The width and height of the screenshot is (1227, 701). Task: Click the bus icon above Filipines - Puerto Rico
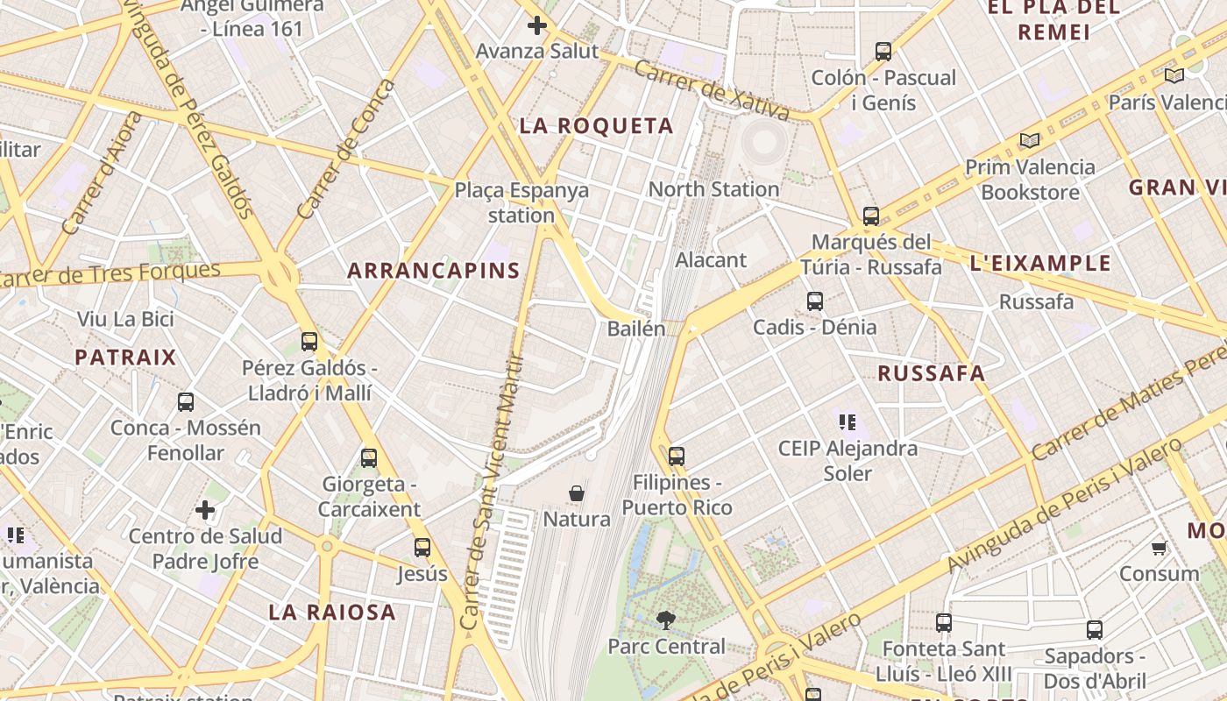point(676,457)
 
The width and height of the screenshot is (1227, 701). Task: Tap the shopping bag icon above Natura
point(577,493)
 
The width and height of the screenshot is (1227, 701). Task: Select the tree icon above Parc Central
point(666,621)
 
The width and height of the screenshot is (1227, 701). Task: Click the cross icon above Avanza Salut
point(537,25)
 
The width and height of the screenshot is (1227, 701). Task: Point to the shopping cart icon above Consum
point(1160,549)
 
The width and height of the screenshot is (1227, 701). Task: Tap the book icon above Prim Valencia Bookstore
point(1030,141)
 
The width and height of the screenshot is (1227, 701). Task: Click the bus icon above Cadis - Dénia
point(815,301)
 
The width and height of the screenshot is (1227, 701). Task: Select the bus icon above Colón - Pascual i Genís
point(883,52)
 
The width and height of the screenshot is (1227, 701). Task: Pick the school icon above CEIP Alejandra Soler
point(847,422)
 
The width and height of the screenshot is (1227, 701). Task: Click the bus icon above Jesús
point(422,548)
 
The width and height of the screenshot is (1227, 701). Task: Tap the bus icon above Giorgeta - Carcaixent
point(369,457)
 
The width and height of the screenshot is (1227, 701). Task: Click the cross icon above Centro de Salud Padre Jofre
point(205,510)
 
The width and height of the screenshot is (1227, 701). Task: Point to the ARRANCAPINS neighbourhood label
point(434,270)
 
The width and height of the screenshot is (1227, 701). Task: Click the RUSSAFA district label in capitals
point(932,373)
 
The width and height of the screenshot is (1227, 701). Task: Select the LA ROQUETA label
point(597,126)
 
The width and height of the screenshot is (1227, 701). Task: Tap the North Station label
point(713,189)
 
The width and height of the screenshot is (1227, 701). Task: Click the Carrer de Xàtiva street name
point(712,89)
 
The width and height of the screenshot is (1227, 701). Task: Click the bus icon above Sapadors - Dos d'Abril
point(1094,630)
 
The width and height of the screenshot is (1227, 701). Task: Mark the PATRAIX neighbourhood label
point(125,358)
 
